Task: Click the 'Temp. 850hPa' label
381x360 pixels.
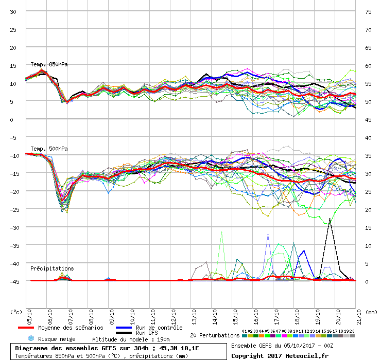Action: coord(49,64)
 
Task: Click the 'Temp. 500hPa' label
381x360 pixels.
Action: coord(49,149)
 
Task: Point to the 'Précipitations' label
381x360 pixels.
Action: coord(52,268)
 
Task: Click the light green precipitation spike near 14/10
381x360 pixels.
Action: coord(222,232)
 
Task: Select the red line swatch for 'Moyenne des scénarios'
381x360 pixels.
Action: coord(26,328)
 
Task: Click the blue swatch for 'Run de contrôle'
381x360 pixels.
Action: coord(124,328)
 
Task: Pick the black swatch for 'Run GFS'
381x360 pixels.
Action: coord(124,333)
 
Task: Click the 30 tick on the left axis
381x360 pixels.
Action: coord(13,12)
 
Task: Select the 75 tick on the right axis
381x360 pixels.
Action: coord(368,12)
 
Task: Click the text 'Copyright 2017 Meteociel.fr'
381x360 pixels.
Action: coord(280,355)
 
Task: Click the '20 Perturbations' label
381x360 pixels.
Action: coord(214,335)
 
